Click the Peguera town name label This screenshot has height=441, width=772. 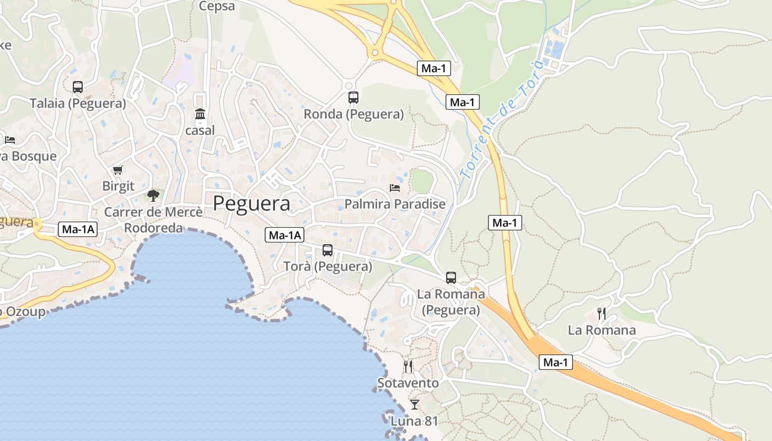pyautogui.click(x=251, y=203)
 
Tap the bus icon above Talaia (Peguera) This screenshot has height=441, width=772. pyautogui.click(x=78, y=87)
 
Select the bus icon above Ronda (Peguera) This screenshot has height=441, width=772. pyautogui.click(x=353, y=98)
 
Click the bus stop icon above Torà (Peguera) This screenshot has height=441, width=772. pyautogui.click(x=328, y=250)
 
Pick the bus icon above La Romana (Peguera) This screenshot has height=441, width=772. pyautogui.click(x=451, y=277)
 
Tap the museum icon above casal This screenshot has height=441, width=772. pyautogui.click(x=200, y=114)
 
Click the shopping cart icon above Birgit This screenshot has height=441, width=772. pyautogui.click(x=117, y=170)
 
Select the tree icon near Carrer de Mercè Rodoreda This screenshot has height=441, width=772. pyautogui.click(x=153, y=195)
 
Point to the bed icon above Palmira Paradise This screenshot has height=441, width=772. pyautogui.click(x=395, y=187)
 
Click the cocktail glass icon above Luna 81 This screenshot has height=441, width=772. pyautogui.click(x=415, y=405)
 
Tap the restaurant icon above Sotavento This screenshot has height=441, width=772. pyautogui.click(x=408, y=366)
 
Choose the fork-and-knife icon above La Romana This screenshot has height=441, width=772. pyautogui.click(x=602, y=314)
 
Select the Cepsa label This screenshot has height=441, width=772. pyautogui.click(x=217, y=7)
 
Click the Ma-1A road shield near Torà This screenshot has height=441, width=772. pyautogui.click(x=285, y=235)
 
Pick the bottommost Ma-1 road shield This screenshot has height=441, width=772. pyautogui.click(x=556, y=362)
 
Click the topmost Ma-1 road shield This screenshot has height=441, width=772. pyautogui.click(x=434, y=68)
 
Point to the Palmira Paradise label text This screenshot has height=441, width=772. pyautogui.click(x=395, y=204)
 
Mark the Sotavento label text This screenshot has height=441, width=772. pyautogui.click(x=408, y=383)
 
